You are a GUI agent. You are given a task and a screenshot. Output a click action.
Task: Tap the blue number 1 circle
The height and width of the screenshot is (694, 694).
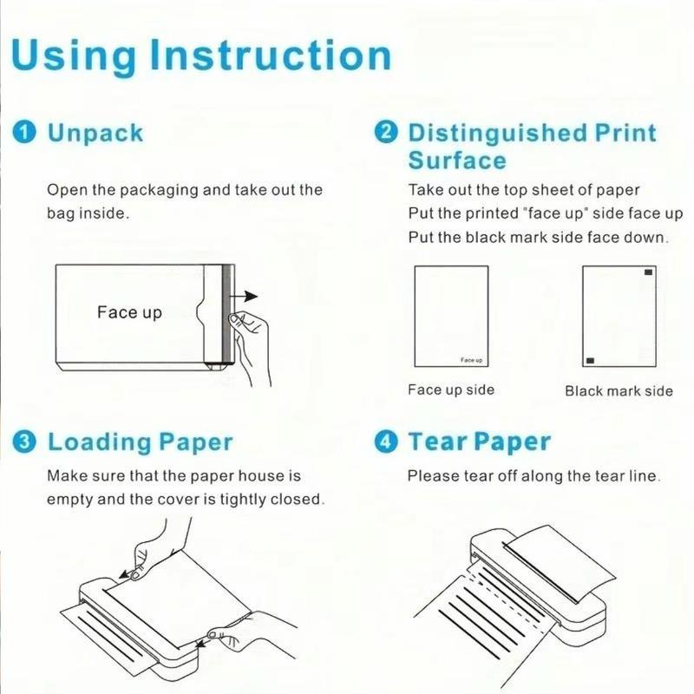click(x=26, y=134)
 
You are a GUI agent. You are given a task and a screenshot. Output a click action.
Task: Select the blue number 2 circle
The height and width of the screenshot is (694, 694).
click(x=385, y=134)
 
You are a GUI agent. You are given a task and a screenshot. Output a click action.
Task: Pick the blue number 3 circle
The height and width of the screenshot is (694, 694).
click(x=26, y=442)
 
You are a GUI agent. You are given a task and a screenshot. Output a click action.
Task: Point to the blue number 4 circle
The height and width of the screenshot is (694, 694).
click(x=385, y=442)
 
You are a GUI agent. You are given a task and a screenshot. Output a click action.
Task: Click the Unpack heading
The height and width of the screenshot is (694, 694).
click(x=95, y=134)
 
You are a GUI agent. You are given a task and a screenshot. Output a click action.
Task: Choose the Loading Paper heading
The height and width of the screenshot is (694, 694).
click(x=140, y=442)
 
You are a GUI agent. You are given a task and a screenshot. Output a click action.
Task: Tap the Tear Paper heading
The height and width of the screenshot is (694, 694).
click(x=479, y=442)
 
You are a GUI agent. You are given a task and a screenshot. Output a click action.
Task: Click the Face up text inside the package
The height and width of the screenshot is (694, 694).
click(x=129, y=312)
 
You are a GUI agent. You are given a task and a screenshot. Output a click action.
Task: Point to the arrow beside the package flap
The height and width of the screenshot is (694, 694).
click(x=248, y=295)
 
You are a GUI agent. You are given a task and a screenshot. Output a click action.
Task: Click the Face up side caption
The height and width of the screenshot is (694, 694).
click(x=451, y=390)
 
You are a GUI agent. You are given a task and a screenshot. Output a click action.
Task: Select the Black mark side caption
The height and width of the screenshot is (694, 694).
click(x=619, y=390)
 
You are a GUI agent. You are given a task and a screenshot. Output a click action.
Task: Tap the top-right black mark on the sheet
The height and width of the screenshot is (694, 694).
click(x=647, y=273)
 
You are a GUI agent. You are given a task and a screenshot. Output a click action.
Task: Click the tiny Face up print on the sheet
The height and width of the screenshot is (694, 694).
click(x=472, y=359)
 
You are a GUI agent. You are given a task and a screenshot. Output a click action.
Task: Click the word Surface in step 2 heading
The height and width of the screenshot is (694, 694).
click(x=457, y=161)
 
